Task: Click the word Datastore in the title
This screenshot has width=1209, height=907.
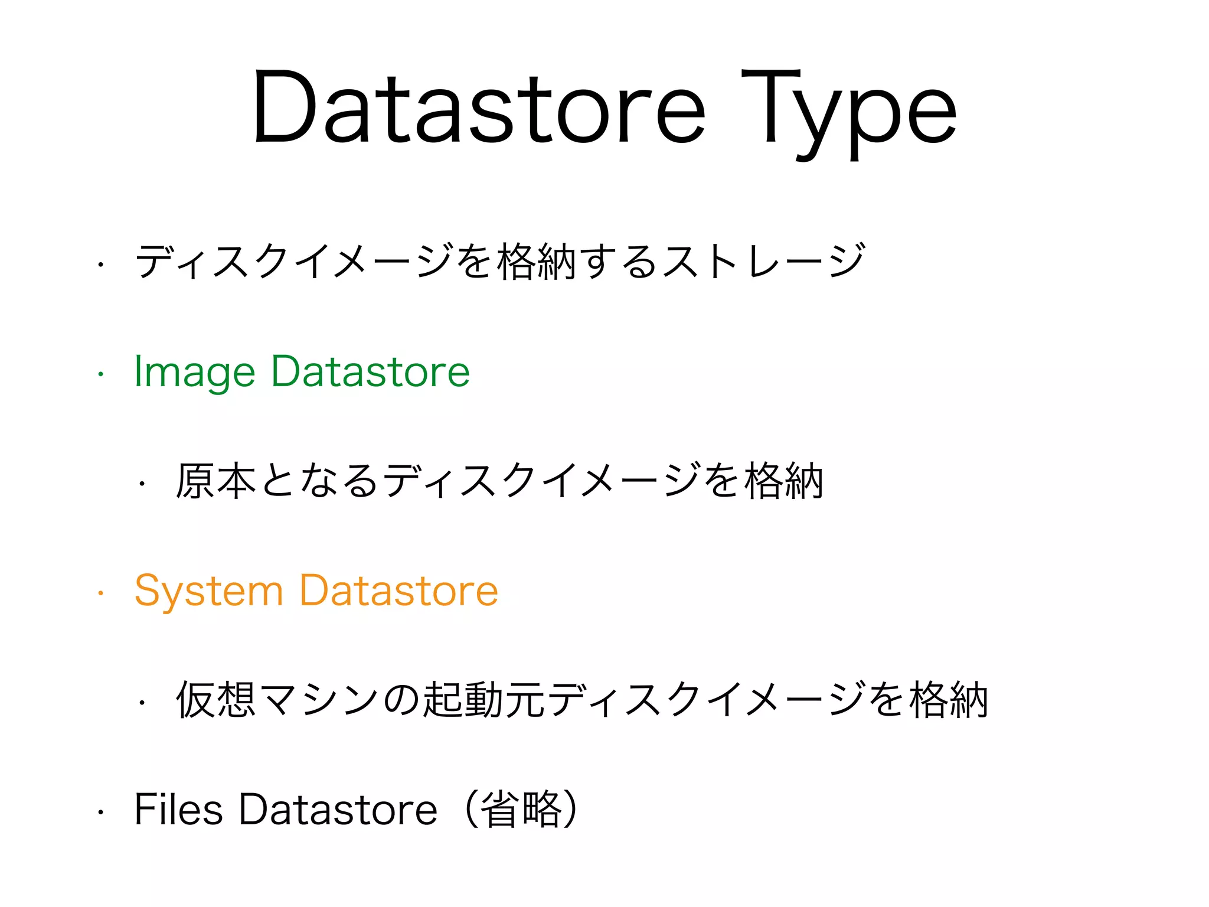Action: [x=478, y=109]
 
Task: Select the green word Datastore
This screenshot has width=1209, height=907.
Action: [x=370, y=372]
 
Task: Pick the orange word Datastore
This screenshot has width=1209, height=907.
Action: [x=399, y=590]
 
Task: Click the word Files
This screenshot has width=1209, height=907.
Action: [x=178, y=810]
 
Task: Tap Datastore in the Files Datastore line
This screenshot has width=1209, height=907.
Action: [x=338, y=810]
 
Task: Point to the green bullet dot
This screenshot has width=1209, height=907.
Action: [x=101, y=374]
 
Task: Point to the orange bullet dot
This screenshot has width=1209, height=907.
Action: [x=101, y=592]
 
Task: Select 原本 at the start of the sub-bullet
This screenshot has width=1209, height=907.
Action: [x=216, y=481]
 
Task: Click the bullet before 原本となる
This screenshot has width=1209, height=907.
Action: [x=142, y=484]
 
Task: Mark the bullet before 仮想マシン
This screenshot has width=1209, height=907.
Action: [x=142, y=703]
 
